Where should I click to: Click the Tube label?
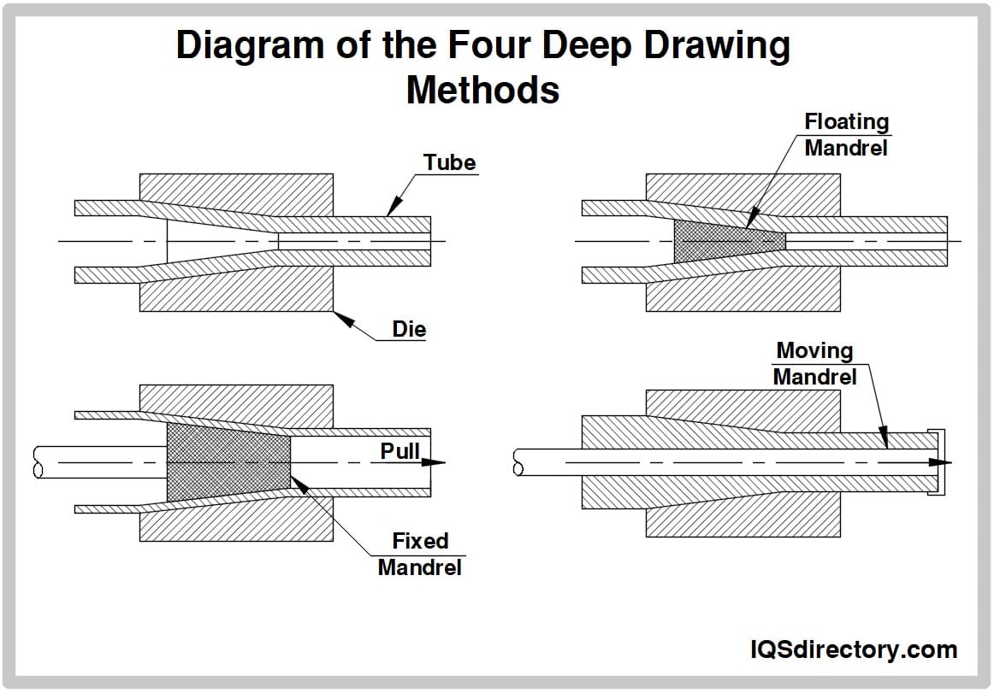click(449, 162)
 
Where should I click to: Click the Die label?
click(409, 329)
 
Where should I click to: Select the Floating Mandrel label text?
click(846, 135)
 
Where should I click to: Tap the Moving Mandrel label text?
click(814, 363)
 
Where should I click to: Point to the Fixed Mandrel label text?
click(420, 554)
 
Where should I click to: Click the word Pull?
click(399, 450)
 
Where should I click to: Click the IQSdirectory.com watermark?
click(852, 649)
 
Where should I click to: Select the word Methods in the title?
click(482, 89)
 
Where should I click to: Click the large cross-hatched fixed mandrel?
click(227, 462)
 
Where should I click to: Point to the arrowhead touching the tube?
click(393, 208)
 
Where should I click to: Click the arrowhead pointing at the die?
click(343, 318)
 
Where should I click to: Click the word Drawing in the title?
click(716, 47)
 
